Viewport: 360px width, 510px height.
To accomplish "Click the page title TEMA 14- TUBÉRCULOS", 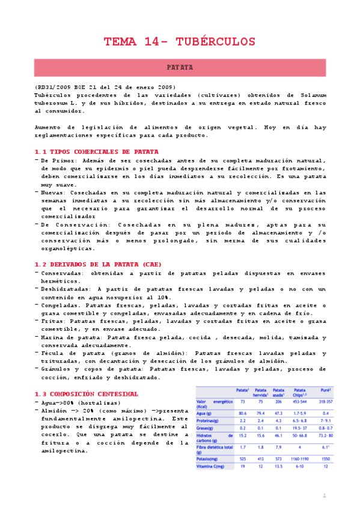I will coord(180,41).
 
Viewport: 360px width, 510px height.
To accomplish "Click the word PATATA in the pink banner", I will coord(180,68).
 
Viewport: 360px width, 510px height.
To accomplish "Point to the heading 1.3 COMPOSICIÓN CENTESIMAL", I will coord(87,394).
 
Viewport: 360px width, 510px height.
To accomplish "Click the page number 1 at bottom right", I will coord(324,496).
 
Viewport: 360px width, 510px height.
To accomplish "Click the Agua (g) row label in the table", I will coord(207,413).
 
